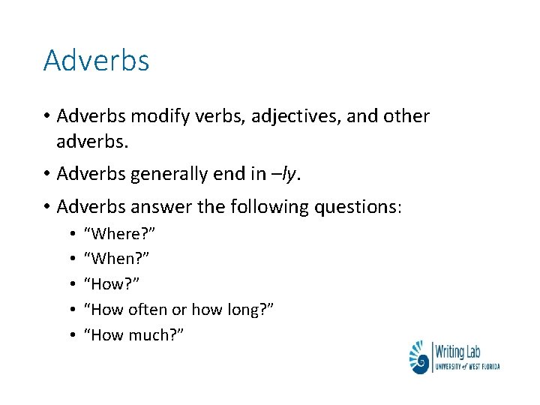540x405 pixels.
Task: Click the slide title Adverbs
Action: (96, 60)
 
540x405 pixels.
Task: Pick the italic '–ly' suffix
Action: (291, 174)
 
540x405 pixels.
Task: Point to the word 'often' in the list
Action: (148, 309)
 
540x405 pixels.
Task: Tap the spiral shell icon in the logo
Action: (418, 358)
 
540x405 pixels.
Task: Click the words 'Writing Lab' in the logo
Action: (460, 350)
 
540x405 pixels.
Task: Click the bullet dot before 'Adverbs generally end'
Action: (46, 175)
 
